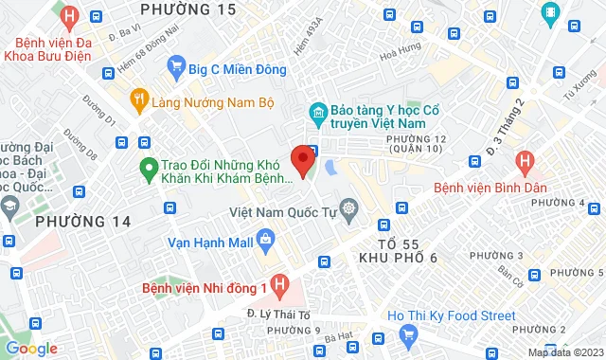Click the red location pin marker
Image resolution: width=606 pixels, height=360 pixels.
(x=303, y=159)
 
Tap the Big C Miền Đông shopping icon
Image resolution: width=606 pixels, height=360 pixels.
(x=176, y=65)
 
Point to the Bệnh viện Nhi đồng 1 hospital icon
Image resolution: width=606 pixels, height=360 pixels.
(x=278, y=283)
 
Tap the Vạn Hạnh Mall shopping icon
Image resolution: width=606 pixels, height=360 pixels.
(x=266, y=242)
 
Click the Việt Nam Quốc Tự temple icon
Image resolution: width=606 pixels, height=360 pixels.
(x=349, y=208)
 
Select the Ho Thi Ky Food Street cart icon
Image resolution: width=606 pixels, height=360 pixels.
(x=409, y=334)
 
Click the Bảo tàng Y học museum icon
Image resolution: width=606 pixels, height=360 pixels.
(x=319, y=115)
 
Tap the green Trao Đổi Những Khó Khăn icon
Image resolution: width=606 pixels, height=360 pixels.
(x=148, y=170)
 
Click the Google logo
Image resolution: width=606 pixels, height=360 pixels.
(x=30, y=349)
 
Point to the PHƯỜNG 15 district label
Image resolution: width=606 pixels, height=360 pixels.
(x=187, y=9)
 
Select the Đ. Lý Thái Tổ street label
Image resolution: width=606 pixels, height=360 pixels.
(x=275, y=312)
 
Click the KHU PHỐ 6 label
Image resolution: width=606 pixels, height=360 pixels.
(x=398, y=258)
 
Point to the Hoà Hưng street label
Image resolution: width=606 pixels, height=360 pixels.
(x=400, y=58)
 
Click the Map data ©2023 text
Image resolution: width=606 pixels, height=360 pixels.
(x=565, y=352)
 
